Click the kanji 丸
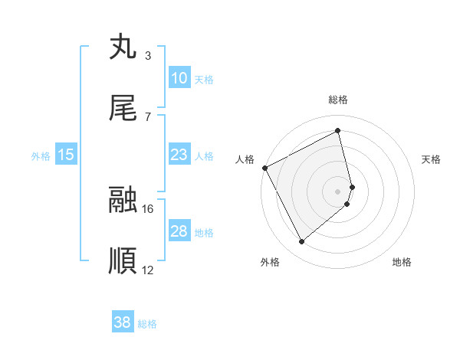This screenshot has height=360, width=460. tap(123, 47)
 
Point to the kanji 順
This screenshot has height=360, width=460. tap(123, 261)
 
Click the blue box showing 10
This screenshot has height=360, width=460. tap(179, 78)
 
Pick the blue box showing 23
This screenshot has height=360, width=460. tap(179, 155)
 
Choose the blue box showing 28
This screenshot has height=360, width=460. tap(179, 231)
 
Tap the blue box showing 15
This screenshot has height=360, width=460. tap(66, 155)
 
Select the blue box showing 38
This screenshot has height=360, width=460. tap(123, 322)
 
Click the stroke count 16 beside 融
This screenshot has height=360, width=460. tap(148, 208)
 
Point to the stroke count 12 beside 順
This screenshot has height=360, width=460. tap(148, 270)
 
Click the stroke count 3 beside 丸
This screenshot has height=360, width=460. tap(147, 56)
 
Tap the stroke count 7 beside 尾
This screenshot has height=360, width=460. tap(147, 116)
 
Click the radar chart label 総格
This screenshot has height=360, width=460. tap(338, 100)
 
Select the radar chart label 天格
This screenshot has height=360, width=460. tap(432, 159)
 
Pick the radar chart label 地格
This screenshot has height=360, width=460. tap(402, 262)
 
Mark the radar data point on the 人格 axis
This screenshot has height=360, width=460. tap(264, 167)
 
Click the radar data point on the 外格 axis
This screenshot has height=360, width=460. tap(301, 242)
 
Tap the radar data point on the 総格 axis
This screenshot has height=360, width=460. tap(338, 131)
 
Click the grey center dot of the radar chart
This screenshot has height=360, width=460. tap(338, 191)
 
